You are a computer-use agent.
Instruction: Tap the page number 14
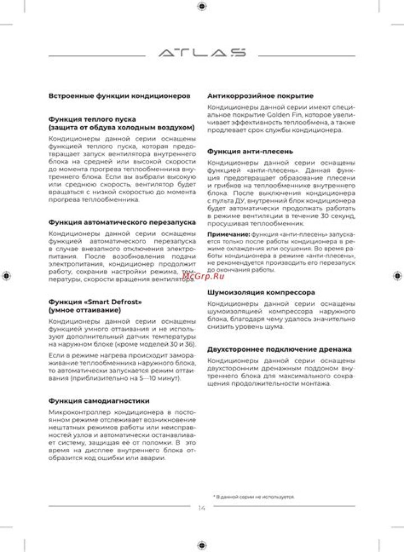pyautogui.click(x=202, y=508)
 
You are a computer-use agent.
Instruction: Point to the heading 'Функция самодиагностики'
pyautogui.click(x=99, y=401)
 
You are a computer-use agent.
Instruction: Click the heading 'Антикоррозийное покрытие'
pyautogui.click(x=260, y=96)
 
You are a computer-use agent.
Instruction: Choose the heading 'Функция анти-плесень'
pyautogui.click(x=250, y=151)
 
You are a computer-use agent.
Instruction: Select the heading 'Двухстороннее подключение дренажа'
pyautogui.click(x=279, y=349)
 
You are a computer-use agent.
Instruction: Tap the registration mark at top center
pyautogui.click(x=202, y=6)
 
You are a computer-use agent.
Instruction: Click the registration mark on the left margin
pyautogui.click(x=6, y=275)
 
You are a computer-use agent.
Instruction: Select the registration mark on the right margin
pyautogui.click(x=397, y=275)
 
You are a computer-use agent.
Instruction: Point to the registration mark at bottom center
pyautogui.click(x=202, y=545)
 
